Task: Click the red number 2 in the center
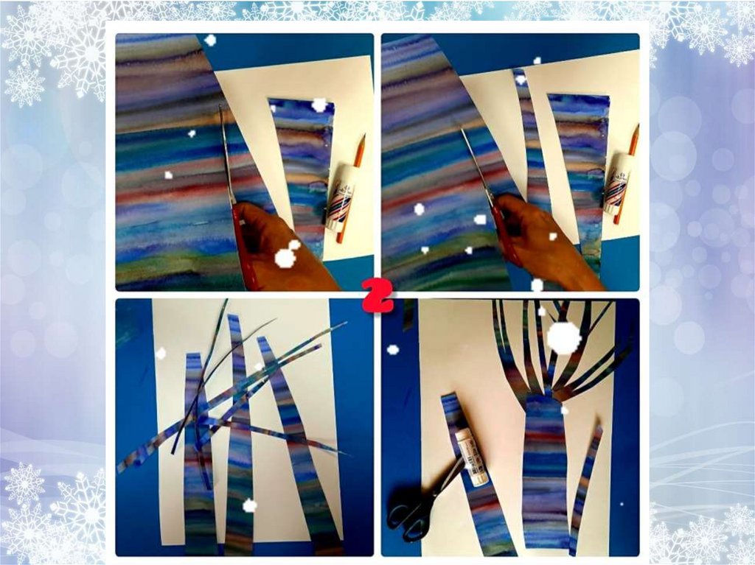(x=377, y=295)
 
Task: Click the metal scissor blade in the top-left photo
(x=227, y=154)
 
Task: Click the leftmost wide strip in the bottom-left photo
(x=195, y=452)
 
